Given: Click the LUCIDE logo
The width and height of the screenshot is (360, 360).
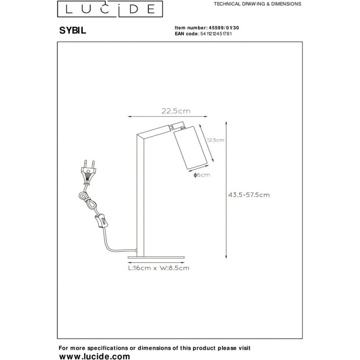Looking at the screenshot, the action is [110, 9].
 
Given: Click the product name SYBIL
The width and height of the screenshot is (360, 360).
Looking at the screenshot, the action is [73, 30].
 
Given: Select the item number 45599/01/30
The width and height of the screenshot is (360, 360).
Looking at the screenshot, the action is [223, 28].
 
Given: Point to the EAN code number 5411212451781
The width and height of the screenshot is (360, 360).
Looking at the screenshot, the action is [216, 34].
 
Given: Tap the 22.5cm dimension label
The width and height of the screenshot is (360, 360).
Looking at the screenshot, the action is [176, 111].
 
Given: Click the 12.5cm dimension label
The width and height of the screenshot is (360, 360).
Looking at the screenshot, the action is [215, 140].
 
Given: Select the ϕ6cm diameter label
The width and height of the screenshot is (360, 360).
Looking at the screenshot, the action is [202, 175].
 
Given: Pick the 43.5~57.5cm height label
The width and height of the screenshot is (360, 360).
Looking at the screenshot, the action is [249, 195].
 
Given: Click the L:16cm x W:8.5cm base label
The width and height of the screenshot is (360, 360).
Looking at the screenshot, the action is [159, 268].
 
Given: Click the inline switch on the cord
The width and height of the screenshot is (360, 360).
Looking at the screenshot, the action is [101, 220].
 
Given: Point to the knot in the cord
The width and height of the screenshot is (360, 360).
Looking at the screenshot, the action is [86, 199].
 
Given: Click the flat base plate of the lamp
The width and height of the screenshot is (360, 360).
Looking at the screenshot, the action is [156, 257].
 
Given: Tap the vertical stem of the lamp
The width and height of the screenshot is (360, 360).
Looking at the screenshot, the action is [141, 196].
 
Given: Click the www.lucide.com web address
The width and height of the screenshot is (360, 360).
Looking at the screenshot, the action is [94, 356].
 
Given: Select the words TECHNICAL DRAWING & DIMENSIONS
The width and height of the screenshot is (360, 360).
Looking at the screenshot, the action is [257, 4].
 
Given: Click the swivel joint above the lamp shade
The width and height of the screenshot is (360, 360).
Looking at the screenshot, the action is [177, 126].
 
